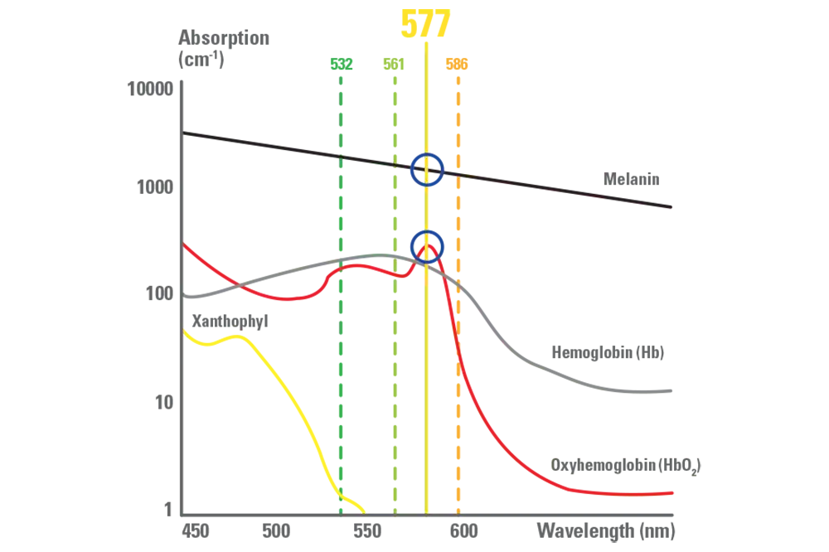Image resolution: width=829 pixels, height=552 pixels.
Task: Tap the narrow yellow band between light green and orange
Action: tap(437, 373)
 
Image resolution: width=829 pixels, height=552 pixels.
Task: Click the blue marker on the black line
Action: tap(429, 171)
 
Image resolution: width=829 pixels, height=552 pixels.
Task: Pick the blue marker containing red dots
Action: tap(428, 244)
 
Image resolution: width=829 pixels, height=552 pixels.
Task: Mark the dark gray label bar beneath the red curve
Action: tap(626, 467)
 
